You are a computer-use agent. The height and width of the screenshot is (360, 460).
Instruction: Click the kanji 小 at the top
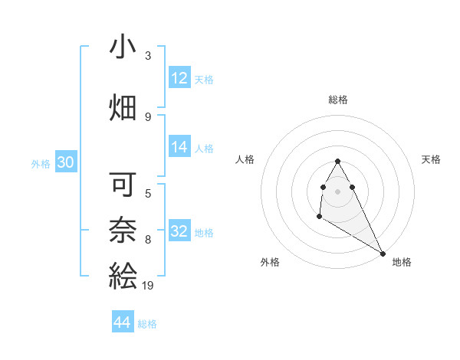tap(123, 47)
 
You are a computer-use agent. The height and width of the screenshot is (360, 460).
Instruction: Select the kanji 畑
tap(123, 107)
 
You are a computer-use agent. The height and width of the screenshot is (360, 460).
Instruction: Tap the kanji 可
tap(123, 184)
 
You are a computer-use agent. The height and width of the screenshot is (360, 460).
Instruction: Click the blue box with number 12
tap(179, 78)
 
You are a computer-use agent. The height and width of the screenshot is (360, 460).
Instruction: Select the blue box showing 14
tap(179, 148)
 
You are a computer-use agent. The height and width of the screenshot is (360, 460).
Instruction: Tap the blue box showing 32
tap(179, 231)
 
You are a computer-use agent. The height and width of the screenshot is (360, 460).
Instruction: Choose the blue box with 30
tap(66, 162)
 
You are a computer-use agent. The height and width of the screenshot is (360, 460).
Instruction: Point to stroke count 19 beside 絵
tap(148, 286)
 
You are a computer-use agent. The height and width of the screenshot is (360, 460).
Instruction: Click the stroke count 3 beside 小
tap(148, 56)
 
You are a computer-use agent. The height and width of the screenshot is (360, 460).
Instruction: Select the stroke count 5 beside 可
tap(148, 193)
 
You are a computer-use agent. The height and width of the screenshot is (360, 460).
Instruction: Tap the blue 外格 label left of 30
tap(41, 163)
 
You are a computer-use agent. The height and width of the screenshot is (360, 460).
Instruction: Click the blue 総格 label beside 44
tap(147, 324)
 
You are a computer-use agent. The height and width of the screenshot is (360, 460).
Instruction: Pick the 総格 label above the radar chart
tap(338, 100)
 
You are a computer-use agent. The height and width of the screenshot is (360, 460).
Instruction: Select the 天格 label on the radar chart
tap(431, 159)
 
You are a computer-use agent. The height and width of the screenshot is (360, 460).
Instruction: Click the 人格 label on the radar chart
tap(245, 159)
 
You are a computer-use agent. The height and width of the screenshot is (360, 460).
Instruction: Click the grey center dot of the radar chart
tap(338, 191)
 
